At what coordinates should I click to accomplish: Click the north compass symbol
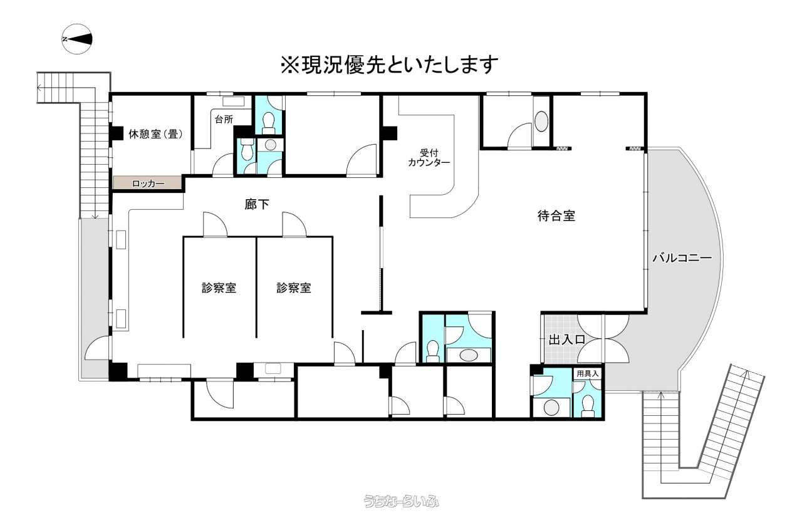(77, 39)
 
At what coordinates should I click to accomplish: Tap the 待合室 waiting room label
(556, 216)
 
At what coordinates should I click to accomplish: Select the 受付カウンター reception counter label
(429, 158)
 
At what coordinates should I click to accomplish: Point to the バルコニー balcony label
(682, 257)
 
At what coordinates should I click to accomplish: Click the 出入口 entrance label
(567, 339)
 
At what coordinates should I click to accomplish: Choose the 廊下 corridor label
(257, 204)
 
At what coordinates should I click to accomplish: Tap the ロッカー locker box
(148, 184)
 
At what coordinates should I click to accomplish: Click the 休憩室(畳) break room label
(156, 134)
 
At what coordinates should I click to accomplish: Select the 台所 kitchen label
(224, 119)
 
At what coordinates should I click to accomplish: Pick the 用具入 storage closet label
(587, 373)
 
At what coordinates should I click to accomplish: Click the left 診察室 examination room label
(219, 288)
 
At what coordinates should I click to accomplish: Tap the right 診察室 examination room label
(294, 288)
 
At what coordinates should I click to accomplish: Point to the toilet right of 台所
(268, 122)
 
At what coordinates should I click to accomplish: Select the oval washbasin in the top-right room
(541, 121)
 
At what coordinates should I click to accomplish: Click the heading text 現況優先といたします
(389, 65)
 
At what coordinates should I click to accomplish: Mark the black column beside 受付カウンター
(390, 133)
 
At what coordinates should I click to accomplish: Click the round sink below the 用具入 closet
(551, 407)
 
